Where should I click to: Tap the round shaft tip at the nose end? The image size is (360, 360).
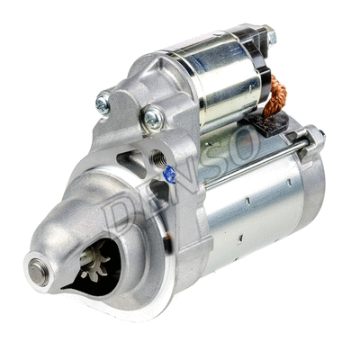[x=38, y=267]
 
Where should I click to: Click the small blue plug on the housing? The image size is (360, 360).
[x=168, y=175]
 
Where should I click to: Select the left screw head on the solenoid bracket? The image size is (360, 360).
[x=103, y=105]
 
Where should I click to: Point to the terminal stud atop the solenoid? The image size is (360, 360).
[x=270, y=38]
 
